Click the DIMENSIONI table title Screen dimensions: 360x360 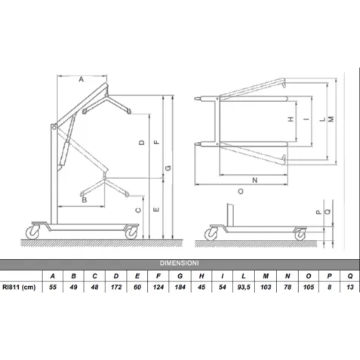179,263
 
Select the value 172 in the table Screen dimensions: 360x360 116,287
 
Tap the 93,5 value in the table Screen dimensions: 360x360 244,287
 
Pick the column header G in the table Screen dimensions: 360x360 180,276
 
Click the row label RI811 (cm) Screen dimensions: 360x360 19,287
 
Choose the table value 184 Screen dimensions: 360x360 180,287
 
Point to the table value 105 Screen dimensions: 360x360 309,287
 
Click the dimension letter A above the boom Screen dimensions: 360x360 81,79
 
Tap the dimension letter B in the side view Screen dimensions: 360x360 85,200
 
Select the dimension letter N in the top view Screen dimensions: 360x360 255,180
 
